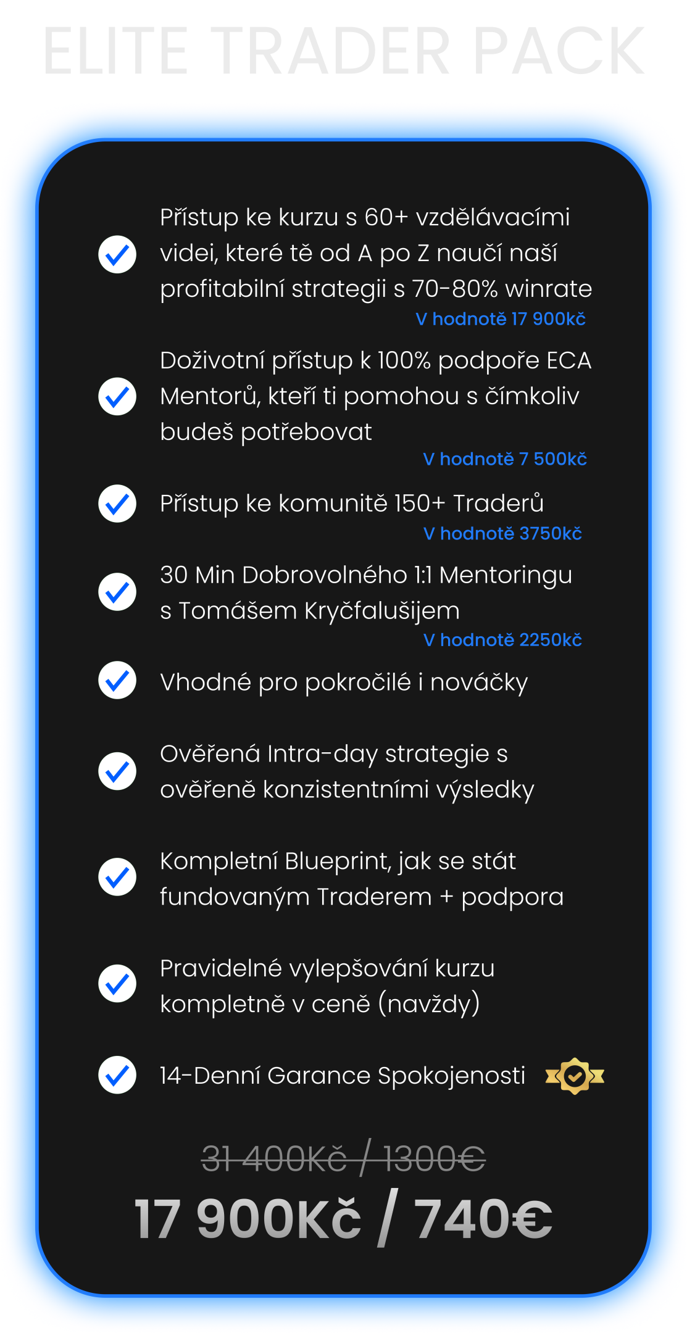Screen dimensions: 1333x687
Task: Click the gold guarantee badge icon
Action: (x=575, y=1076)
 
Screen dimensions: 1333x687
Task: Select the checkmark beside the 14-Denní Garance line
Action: (x=117, y=1075)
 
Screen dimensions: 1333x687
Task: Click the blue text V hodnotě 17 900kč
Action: (x=501, y=319)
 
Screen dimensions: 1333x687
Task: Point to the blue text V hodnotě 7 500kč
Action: (x=505, y=459)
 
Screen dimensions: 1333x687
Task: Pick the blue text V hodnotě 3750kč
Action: (x=502, y=534)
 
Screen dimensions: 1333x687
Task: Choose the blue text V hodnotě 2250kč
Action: (x=502, y=641)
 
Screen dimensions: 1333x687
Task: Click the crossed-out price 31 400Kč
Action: (x=275, y=1158)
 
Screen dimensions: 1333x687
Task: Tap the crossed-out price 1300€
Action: (x=435, y=1158)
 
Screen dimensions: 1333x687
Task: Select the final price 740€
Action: (x=483, y=1218)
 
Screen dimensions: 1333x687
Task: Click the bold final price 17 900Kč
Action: (x=248, y=1218)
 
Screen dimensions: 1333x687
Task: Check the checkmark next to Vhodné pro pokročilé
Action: (x=117, y=681)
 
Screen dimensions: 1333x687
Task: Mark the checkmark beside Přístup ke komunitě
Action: (x=117, y=504)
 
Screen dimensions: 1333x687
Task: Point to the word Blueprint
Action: (x=338, y=861)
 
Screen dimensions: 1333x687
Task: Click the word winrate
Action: (x=548, y=289)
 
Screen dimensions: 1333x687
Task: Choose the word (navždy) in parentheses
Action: (x=429, y=1004)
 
